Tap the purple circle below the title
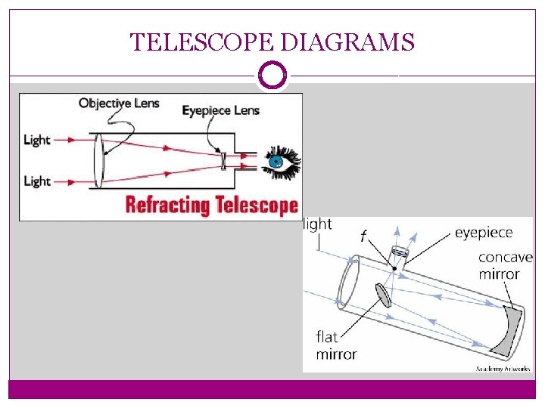pos(272,76)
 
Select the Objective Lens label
pos(119,103)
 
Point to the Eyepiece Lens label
pos(220,110)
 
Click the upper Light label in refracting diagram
pos(37,140)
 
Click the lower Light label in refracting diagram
pos(37,181)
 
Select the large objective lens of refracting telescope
pos(98,161)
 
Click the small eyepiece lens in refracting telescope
pos(224,161)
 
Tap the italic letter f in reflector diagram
pos(363,236)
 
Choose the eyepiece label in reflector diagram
pos(483,233)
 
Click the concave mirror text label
pos(504,265)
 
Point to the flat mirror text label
pos(336,345)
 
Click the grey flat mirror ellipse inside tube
pos(383,295)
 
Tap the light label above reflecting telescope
pos(318,224)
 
